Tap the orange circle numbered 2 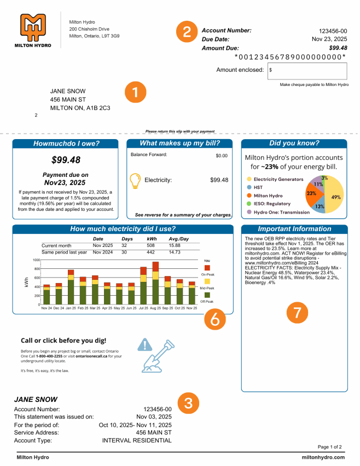[187, 32]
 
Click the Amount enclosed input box [307, 71]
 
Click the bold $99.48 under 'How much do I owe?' [66, 160]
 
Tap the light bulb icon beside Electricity [135, 181]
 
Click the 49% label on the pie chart [336, 197]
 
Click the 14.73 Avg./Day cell [175, 252]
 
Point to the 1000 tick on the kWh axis [36, 260]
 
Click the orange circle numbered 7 [297, 312]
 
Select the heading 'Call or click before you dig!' [63, 340]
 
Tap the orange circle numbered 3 [188, 404]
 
